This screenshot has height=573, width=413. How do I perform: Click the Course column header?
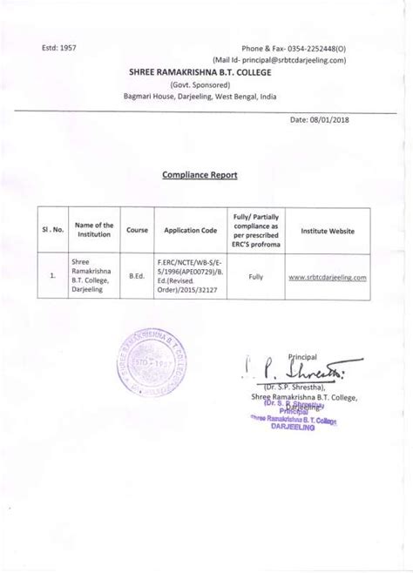[136, 231]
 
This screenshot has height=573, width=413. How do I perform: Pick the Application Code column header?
[185, 231]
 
